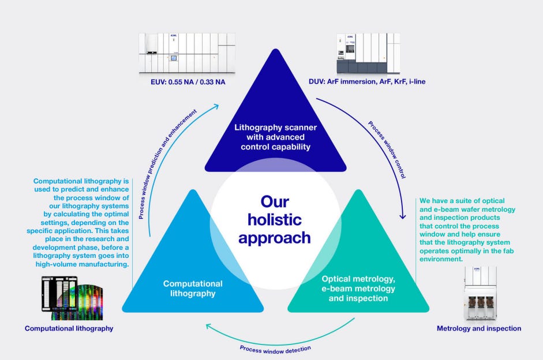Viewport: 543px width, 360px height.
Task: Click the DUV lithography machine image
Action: [x=368, y=54]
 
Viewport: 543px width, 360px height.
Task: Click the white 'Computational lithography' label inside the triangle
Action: [x=193, y=288]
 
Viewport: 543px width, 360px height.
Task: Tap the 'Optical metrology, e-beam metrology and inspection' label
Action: [x=358, y=288]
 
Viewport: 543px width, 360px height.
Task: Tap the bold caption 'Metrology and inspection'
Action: [x=479, y=328]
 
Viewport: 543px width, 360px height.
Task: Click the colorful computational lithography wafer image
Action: [x=73, y=299]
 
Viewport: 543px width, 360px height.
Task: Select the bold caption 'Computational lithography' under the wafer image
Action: [x=69, y=328]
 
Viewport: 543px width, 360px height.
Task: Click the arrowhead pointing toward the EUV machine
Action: [x=216, y=104]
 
